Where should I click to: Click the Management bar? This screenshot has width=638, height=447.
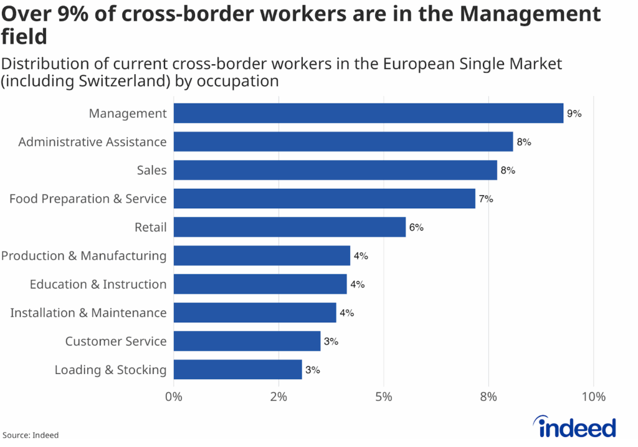pyautogui.click(x=368, y=113)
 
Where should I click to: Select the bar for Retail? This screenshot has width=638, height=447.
pyautogui.click(x=290, y=228)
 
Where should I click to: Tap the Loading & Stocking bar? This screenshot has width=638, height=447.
pyautogui.click(x=237, y=370)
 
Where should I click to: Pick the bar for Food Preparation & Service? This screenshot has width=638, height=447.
pyautogui.click(x=324, y=199)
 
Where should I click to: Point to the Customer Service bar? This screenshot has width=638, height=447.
pyautogui.click(x=247, y=341)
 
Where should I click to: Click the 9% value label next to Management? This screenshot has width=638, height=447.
pyautogui.click(x=574, y=114)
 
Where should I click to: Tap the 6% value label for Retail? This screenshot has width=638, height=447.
pyautogui.click(x=416, y=228)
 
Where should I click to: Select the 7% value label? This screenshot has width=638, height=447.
pyautogui.click(x=485, y=199)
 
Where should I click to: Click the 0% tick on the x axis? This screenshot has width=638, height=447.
pyautogui.click(x=173, y=397)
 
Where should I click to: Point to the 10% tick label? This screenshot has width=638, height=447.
pyautogui.click(x=593, y=397)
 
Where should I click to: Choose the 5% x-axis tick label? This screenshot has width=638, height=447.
pyautogui.click(x=384, y=397)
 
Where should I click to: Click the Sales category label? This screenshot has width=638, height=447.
pyautogui.click(x=152, y=170)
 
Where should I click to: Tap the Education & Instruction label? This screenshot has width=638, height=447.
pyautogui.click(x=98, y=284)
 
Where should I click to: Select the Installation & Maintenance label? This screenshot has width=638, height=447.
pyautogui.click(x=88, y=313)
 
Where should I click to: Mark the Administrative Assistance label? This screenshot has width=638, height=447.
pyautogui.click(x=93, y=142)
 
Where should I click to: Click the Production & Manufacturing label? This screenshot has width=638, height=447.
pyautogui.click(x=84, y=256)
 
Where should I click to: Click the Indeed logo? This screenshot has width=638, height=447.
pyautogui.click(x=576, y=427)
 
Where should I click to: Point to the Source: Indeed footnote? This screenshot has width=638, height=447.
pyautogui.click(x=31, y=435)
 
